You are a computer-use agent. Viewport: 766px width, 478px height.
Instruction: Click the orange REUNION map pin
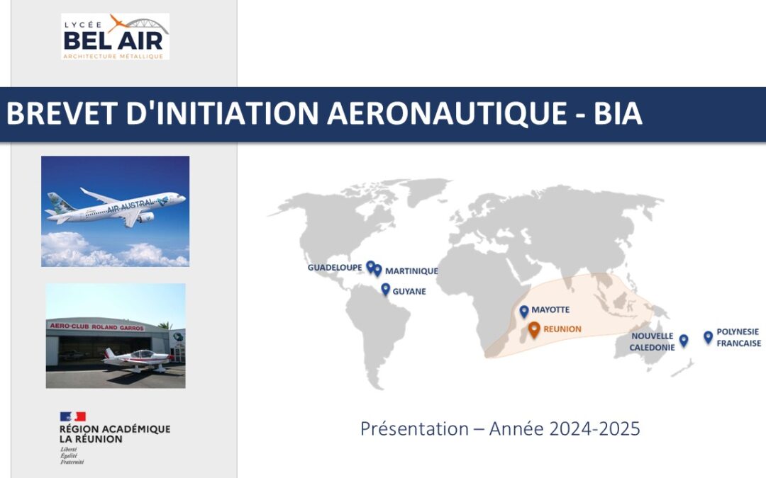(534, 329)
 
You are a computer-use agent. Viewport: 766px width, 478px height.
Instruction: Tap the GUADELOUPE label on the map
(335, 268)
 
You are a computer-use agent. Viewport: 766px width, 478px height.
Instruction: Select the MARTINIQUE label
(411, 271)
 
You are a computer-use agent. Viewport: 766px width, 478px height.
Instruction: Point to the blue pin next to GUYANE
(385, 289)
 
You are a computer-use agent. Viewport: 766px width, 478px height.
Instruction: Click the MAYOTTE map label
(550, 310)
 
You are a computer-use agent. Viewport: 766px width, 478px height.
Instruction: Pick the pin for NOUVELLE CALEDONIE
(684, 340)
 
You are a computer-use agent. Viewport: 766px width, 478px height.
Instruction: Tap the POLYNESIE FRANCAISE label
(738, 337)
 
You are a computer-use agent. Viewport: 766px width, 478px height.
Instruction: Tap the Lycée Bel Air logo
(115, 36)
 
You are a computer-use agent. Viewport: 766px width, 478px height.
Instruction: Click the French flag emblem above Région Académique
(72, 416)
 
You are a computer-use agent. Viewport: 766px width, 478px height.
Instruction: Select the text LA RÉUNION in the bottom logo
(91, 439)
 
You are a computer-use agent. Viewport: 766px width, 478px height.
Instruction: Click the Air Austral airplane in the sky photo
(117, 207)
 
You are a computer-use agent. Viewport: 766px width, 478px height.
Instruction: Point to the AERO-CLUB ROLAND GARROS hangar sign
(96, 327)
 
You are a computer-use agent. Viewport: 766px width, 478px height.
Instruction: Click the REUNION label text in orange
(562, 329)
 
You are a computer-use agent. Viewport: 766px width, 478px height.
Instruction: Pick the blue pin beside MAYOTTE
(524, 311)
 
